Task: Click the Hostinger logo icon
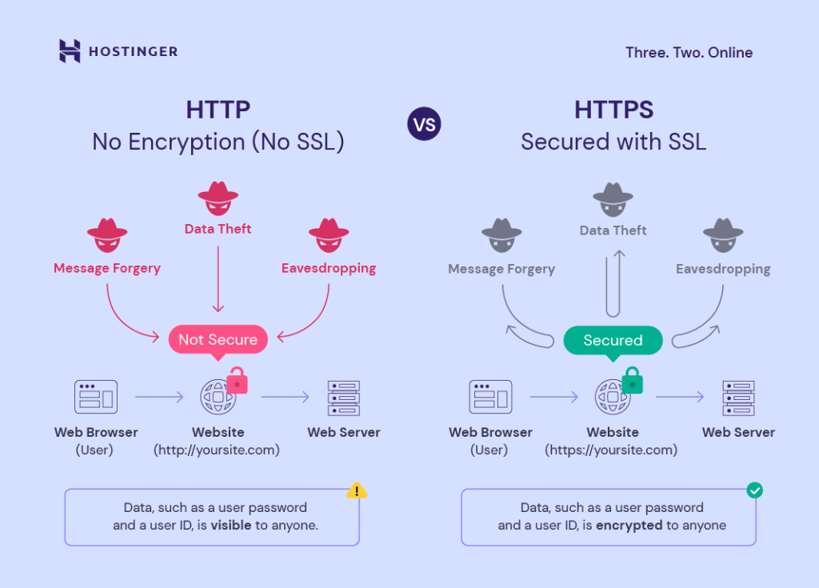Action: coord(70,51)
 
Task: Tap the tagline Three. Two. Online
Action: coord(689,53)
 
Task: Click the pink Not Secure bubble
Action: coord(218,340)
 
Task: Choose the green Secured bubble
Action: coord(613,341)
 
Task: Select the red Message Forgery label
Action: coord(107,269)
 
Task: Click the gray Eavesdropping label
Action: coord(723,270)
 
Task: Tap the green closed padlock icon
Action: coord(633,381)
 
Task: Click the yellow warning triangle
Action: coord(357,490)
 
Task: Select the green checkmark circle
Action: coord(753,490)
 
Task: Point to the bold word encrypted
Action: coord(629,526)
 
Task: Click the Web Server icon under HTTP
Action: coord(344,397)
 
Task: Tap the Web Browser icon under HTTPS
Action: coord(489,397)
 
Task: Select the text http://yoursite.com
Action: coord(217,450)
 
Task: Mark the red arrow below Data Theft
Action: coord(218,280)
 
